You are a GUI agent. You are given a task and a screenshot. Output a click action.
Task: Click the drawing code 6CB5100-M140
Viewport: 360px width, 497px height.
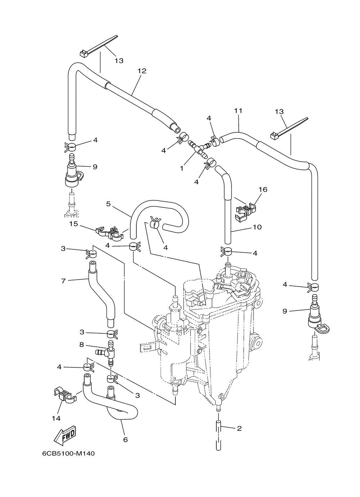point(68,454)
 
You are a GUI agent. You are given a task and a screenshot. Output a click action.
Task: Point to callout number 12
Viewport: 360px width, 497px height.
point(142,71)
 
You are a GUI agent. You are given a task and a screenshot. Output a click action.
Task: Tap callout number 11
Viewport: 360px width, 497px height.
point(238,111)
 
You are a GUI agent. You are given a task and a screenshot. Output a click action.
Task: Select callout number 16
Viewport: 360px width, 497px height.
point(263,190)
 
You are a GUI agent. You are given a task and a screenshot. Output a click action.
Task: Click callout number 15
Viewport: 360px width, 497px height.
point(74,224)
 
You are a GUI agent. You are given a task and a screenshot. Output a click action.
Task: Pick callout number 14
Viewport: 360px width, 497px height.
point(56,418)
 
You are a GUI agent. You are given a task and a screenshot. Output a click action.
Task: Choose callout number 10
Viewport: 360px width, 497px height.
point(257,227)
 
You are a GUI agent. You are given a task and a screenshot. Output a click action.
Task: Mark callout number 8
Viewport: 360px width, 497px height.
point(82,344)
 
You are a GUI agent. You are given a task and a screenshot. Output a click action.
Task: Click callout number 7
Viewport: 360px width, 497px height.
point(63,281)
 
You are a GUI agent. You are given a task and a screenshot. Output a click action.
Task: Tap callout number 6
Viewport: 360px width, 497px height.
point(125,439)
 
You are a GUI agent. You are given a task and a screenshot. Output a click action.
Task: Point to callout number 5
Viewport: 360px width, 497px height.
point(108,204)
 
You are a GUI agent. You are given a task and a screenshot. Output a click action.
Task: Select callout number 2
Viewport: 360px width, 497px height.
point(239,428)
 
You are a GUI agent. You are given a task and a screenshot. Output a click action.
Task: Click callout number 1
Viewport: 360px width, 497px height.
point(182,168)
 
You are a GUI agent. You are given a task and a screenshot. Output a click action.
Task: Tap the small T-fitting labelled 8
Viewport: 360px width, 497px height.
point(107,351)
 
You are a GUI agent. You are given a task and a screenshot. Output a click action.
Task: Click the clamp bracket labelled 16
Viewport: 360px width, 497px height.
point(246,212)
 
